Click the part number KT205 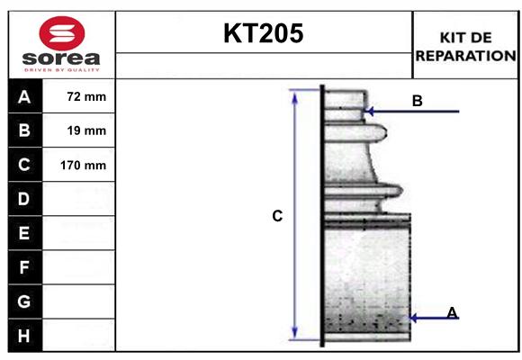(264, 33)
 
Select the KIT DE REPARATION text (465, 46)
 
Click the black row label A (24, 96)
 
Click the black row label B (24, 130)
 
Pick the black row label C (24, 165)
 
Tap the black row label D (24, 199)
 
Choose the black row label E (24, 233)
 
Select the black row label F (24, 267)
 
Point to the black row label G (24, 301)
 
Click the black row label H (24, 336)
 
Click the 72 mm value (86, 96)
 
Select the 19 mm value (86, 130)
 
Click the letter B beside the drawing (417, 101)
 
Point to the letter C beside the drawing (277, 216)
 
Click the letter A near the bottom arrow (452, 312)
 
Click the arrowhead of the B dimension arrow (368, 112)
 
